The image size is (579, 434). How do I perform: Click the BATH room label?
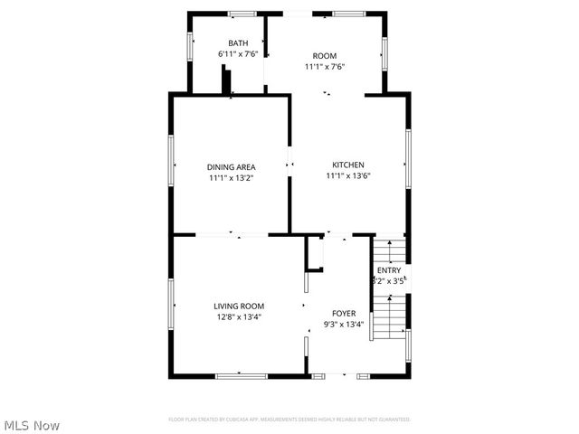238,42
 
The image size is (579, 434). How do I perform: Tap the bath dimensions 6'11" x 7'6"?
238,54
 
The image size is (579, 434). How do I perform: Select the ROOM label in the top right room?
325,55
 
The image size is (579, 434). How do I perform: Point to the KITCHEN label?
348,165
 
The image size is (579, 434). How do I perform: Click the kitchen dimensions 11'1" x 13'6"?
348,175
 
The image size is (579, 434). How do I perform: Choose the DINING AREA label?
232,167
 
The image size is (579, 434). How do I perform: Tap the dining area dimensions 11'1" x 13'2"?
232,178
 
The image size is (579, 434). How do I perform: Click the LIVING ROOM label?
239,306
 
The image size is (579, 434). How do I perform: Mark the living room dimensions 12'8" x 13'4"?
239,317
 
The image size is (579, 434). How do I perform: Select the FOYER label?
343,313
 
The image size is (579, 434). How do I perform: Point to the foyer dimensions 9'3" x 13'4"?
343,325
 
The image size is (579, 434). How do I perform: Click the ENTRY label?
389,270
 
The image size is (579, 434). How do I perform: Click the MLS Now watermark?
32,425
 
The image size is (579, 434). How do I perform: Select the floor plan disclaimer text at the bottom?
289,420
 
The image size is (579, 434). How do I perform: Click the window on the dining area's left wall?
172,161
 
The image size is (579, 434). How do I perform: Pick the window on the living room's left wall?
170,306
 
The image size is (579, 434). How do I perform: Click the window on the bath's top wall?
242,13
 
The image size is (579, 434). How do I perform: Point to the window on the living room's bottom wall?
241,375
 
